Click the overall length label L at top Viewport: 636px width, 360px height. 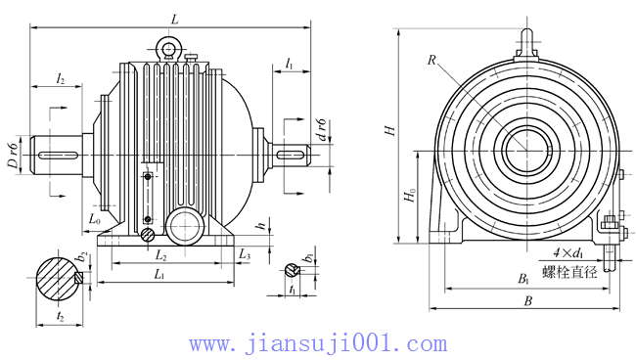coord(174,19)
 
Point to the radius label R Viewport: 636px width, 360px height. coord(430,60)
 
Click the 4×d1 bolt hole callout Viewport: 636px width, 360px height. coord(567,253)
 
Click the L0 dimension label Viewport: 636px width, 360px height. coord(94,220)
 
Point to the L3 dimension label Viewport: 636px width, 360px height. coord(245,255)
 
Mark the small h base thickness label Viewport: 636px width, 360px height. coord(259,225)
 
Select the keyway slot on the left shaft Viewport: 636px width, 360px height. coord(62,155)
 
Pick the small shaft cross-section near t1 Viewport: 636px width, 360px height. coord(292,271)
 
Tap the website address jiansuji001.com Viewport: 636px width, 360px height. coord(318,344)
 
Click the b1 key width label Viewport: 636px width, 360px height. coord(308,257)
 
